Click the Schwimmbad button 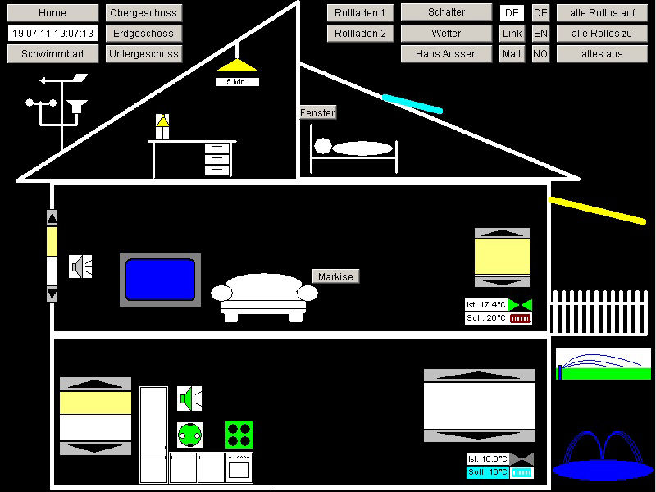52,54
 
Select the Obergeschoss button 143,13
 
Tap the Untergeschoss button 143,54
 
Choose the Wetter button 446,34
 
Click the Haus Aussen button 446,54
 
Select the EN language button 540,34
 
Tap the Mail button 512,54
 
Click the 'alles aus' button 602,54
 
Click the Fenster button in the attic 318,112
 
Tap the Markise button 335,276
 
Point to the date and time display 52,34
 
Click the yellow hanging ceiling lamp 237,65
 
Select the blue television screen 160,280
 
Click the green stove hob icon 239,435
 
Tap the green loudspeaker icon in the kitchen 189,399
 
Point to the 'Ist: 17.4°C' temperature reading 486,304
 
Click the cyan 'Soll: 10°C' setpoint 488,472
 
